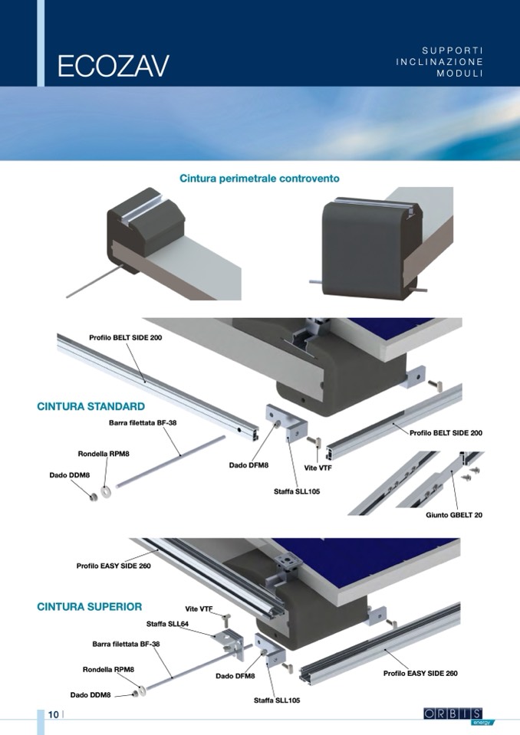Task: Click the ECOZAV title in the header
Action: (113, 66)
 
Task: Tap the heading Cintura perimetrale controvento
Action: (259, 179)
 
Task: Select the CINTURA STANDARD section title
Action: (91, 406)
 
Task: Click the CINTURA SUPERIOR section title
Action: (90, 606)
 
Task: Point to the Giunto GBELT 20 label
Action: (454, 515)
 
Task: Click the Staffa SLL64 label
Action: (167, 624)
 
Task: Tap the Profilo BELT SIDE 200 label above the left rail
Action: (126, 337)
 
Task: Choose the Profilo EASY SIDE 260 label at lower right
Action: (420, 674)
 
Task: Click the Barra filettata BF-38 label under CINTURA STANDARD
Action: (143, 423)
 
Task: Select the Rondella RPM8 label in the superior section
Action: (108, 669)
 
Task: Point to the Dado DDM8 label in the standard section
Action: (69, 475)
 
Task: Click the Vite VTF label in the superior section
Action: (199, 609)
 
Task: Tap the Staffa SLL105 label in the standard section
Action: (297, 492)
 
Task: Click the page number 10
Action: (54, 714)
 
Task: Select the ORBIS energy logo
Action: (454, 716)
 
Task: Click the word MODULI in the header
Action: (459, 74)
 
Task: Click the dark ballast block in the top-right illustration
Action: (371, 250)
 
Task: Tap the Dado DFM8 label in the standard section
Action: (249, 465)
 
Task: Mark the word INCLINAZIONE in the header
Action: (439, 62)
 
